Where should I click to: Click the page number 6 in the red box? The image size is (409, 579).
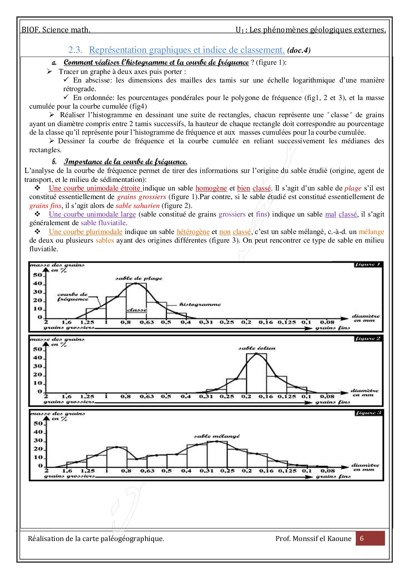click(x=362, y=538)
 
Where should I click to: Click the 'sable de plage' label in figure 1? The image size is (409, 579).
click(x=139, y=278)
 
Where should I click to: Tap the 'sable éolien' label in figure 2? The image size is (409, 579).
click(x=257, y=348)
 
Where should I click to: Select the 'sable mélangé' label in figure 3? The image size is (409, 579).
click(x=217, y=436)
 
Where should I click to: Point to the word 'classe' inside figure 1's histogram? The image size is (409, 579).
click(x=137, y=310)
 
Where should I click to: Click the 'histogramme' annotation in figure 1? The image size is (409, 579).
click(x=200, y=304)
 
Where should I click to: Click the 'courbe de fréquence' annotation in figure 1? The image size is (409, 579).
click(x=73, y=296)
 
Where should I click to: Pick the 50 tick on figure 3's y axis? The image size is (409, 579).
click(x=38, y=424)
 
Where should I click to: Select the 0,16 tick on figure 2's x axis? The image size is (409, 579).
click(x=266, y=396)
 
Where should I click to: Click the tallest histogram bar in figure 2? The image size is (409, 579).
click(x=257, y=373)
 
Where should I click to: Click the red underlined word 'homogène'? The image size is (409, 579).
click(x=211, y=188)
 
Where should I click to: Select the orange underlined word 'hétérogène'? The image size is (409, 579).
click(x=193, y=232)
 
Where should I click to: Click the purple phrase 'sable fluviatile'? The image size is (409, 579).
click(x=103, y=223)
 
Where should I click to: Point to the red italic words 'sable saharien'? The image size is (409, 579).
click(x=138, y=206)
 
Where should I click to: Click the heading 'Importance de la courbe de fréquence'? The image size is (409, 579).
click(x=125, y=162)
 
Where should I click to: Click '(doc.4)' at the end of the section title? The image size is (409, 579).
click(x=299, y=51)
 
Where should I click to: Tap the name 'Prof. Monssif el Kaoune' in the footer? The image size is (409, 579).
click(x=313, y=539)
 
